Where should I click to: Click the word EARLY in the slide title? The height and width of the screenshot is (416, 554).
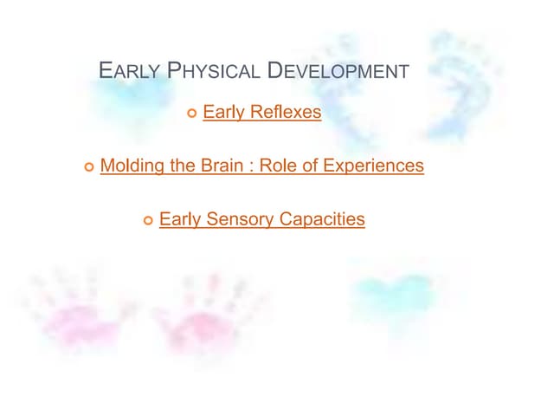128,71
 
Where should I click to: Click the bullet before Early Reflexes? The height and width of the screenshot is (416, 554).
192,114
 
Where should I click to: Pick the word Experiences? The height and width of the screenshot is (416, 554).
374,165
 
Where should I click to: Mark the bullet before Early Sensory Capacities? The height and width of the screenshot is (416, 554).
148,221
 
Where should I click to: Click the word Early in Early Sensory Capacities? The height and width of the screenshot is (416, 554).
180,219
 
